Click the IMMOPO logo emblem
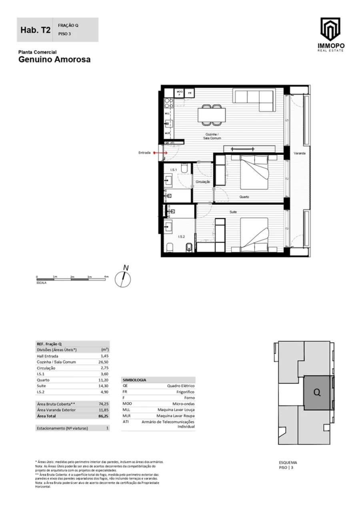pyautogui.click(x=330, y=30)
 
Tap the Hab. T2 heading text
pyautogui.click(x=35, y=30)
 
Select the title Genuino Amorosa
pyautogui.click(x=54, y=60)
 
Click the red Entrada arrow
pyautogui.click(x=161, y=153)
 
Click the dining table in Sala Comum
pyautogui.click(x=212, y=115)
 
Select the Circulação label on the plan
pyautogui.click(x=203, y=182)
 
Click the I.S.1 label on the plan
pyautogui.click(x=174, y=170)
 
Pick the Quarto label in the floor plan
pyautogui.click(x=244, y=197)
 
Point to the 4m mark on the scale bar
pyautogui.click(x=106, y=277)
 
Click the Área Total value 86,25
pyautogui.click(x=104, y=416)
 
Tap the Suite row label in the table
pyautogui.click(x=41, y=386)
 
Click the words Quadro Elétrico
pyautogui.click(x=180, y=386)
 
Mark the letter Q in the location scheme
pyautogui.click(x=317, y=393)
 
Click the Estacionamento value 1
pyautogui.click(x=107, y=428)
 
